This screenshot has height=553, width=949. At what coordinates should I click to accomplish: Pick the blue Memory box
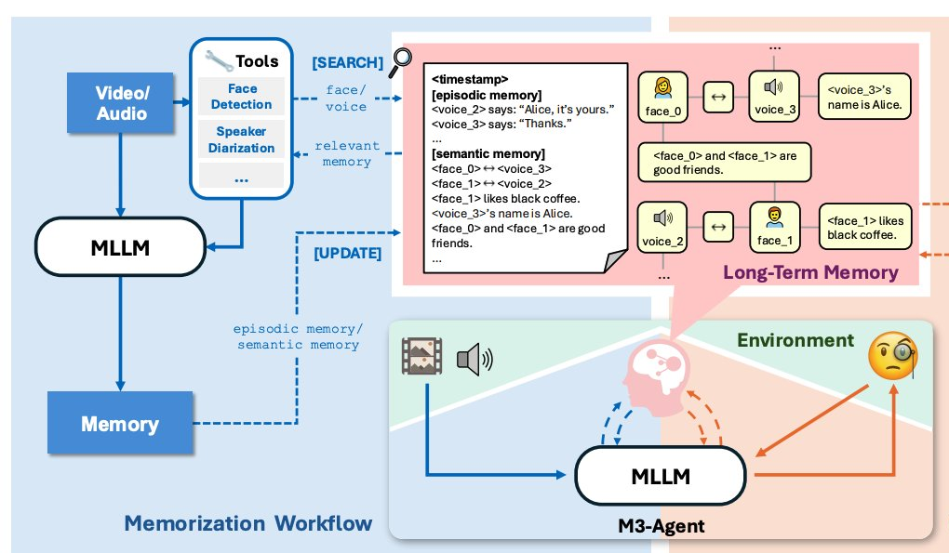pos(120,425)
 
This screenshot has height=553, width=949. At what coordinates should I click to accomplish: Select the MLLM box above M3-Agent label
pos(662,477)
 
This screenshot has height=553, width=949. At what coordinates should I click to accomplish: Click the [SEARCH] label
pos(347,62)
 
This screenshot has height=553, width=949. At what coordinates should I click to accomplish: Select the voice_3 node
pos(774,98)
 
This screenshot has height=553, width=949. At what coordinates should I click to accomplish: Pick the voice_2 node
pos(662,226)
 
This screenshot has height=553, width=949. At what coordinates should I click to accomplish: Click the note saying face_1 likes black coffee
pos(864,228)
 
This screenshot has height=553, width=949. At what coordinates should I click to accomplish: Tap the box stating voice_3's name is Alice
pos(864,99)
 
